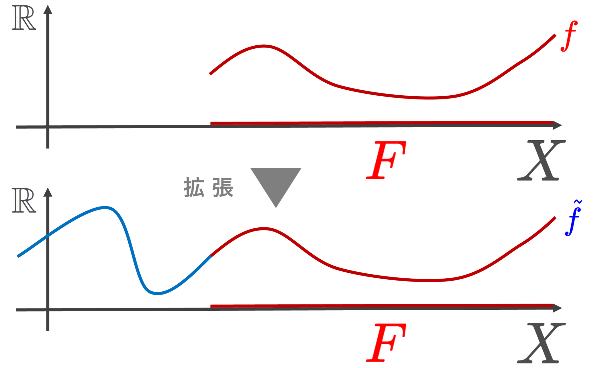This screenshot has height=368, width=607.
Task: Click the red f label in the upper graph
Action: pyautogui.click(x=569, y=36)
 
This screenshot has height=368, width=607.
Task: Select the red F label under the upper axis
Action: pyautogui.click(x=386, y=160)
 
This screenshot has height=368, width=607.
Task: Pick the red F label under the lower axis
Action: pyautogui.click(x=386, y=343)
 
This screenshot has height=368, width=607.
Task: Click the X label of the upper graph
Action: pyautogui.click(x=541, y=160)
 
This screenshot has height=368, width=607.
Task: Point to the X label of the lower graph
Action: pyautogui.click(x=541, y=343)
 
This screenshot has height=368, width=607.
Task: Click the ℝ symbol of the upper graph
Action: pyautogui.click(x=24, y=18)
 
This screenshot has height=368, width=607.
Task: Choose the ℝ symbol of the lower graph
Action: pyautogui.click(x=24, y=200)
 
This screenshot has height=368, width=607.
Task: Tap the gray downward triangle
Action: pyautogui.click(x=276, y=184)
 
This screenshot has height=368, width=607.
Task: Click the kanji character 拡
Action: pyautogui.click(x=193, y=187)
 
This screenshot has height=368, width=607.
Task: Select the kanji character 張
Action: pyautogui.click(x=223, y=187)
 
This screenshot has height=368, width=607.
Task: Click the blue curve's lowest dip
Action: pyautogui.click(x=157, y=294)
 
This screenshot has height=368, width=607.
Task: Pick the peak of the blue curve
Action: pyautogui.click(x=105, y=208)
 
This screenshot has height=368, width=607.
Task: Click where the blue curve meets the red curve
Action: pyautogui.click(x=211, y=256)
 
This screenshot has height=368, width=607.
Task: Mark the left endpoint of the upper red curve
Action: pyautogui.click(x=211, y=74)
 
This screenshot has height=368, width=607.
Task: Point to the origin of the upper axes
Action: pyautogui.click(x=48, y=127)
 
